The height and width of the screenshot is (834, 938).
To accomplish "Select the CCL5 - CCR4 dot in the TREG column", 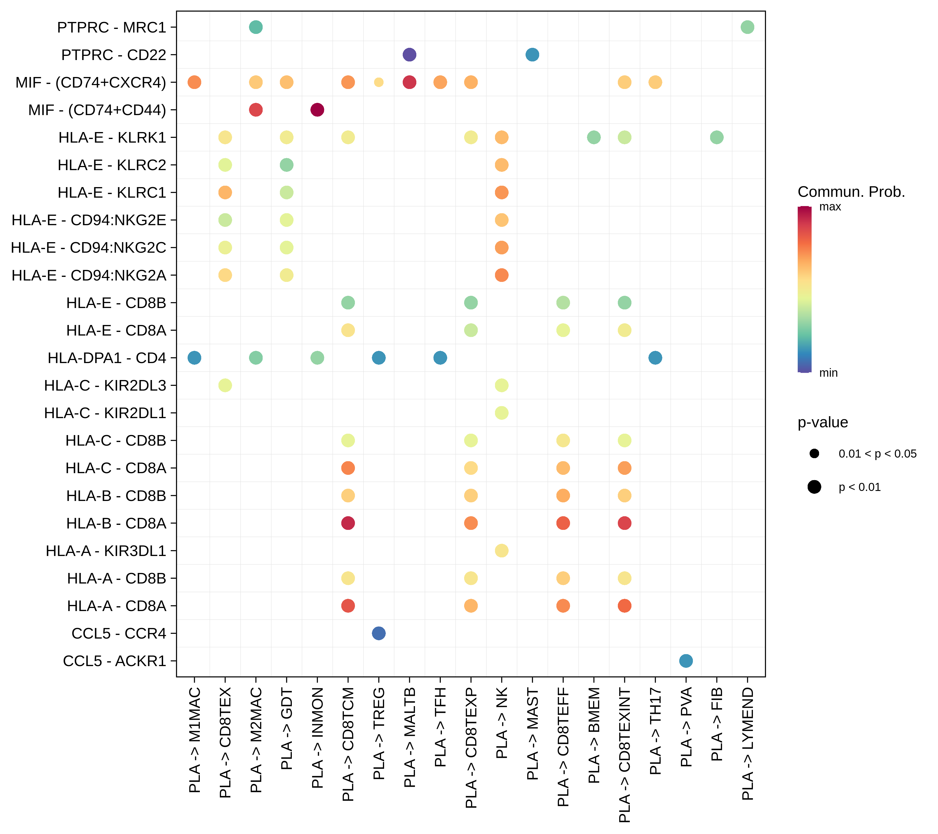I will pyautogui.click(x=379, y=633).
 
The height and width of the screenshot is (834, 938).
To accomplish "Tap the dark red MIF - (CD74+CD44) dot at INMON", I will pyautogui.click(x=317, y=110).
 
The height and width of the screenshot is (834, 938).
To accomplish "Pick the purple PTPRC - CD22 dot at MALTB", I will pyautogui.click(x=409, y=54).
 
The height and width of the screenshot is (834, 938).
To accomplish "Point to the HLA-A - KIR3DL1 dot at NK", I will pyautogui.click(x=502, y=550).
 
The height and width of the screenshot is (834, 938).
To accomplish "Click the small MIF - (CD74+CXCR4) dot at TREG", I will pyautogui.click(x=379, y=82).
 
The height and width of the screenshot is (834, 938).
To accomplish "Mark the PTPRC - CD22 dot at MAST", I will pyautogui.click(x=532, y=54).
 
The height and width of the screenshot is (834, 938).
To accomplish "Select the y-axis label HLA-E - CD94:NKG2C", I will pyautogui.click(x=88, y=247).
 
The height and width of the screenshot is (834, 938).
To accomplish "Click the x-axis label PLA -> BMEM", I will pyautogui.click(x=594, y=735).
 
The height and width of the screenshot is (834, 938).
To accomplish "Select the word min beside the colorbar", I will pyautogui.click(x=828, y=373).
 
